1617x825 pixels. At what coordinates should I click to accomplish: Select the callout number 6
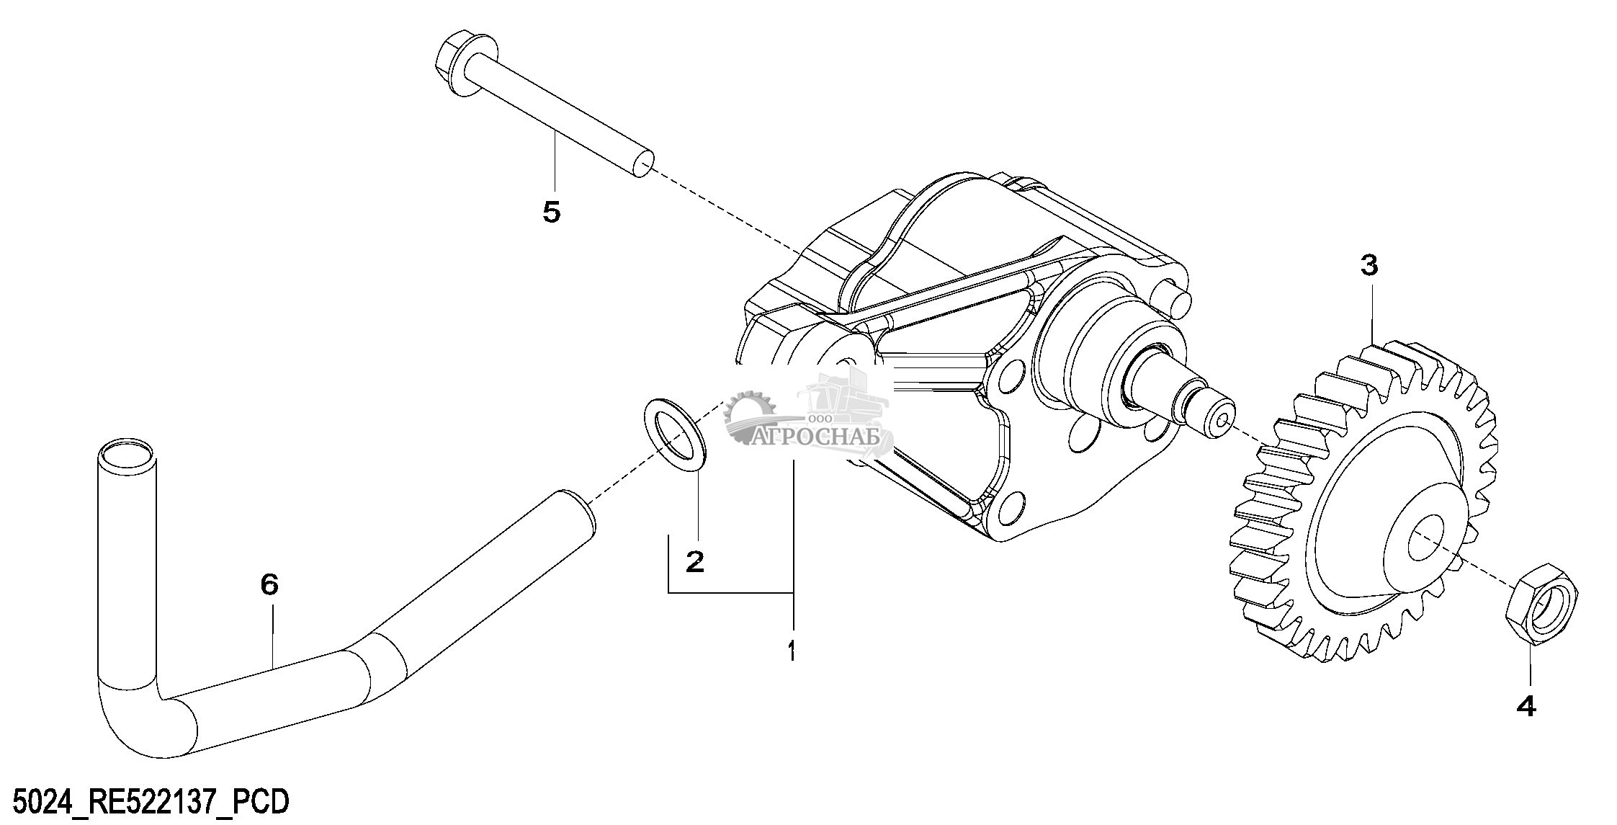point(269,584)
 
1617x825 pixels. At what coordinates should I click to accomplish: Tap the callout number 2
point(694,561)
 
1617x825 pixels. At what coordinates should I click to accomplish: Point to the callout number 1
point(792,651)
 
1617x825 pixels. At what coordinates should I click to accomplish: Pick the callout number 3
point(1369,265)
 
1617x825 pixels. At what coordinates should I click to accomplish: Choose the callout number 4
point(1526,707)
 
